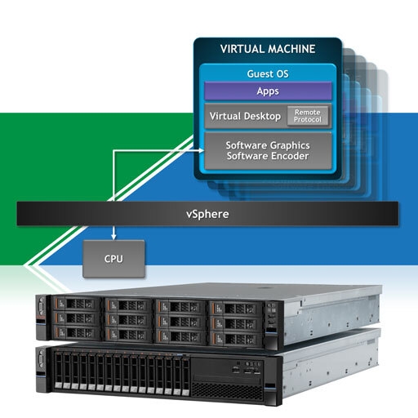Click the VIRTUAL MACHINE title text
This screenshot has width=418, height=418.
pyautogui.click(x=268, y=49)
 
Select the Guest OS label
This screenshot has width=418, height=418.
pyautogui.click(x=268, y=73)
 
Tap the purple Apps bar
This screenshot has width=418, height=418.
pyautogui.click(x=268, y=91)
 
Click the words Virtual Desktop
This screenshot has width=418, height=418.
pyautogui.click(x=245, y=116)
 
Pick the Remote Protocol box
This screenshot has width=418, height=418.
pyautogui.click(x=308, y=116)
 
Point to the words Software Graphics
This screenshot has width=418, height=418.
pyautogui.click(x=268, y=145)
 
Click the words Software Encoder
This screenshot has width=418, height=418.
pyautogui.click(x=268, y=156)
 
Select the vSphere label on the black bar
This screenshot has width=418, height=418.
pyautogui.click(x=207, y=214)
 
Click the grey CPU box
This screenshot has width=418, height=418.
pyautogui.click(x=113, y=259)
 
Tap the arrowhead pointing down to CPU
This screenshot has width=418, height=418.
pyautogui.click(x=113, y=237)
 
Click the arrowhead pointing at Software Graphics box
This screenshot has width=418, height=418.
pyautogui.click(x=202, y=150)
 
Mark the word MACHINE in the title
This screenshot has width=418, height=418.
pyautogui.click(x=291, y=49)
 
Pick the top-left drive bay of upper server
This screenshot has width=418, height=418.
pyautogui.click(x=76, y=303)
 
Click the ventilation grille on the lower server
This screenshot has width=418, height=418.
pyautogui.click(x=227, y=391)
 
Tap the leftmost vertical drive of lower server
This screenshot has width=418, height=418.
pyautogui.click(x=59, y=370)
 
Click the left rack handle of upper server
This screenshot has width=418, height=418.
pyautogui.click(x=41, y=318)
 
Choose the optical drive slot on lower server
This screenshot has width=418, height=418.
pyautogui.click(x=228, y=378)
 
